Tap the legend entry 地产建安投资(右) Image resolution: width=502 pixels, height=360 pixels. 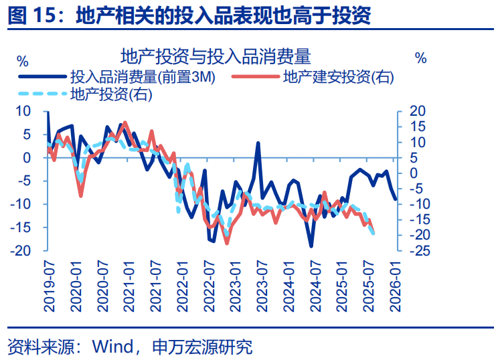coord(338,77)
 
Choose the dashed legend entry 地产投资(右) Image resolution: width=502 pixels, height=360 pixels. coord(111,94)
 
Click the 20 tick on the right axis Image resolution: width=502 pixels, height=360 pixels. coord(417,111)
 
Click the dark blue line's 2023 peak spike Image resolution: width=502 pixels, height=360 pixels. coord(258,143)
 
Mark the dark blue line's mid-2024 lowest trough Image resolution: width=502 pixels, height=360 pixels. coord(311,246)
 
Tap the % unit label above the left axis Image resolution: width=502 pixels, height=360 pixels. coord(23,60)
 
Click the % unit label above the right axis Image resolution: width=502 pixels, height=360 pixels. coord(420,58)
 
